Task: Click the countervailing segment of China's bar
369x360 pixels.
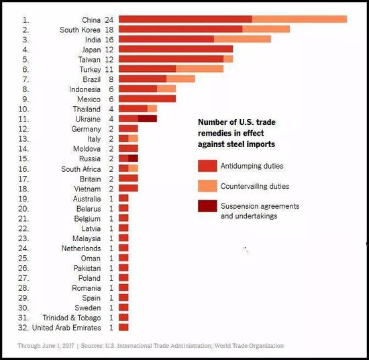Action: [x=299, y=19]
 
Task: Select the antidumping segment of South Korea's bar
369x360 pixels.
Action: [x=180, y=30]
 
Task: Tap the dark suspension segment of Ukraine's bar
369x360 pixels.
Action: [x=148, y=118]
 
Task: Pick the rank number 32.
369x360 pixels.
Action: [x=25, y=328]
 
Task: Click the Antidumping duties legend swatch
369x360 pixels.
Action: [x=207, y=165]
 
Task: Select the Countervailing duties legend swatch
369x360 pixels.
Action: [x=207, y=185]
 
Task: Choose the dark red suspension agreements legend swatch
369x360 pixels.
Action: [x=207, y=206]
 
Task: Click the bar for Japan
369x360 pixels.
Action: [x=176, y=49]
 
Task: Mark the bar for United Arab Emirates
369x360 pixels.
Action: [x=123, y=328]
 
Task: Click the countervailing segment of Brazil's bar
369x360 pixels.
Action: [x=180, y=79]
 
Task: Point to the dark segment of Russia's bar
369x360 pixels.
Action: [x=133, y=158]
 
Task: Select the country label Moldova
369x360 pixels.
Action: [x=87, y=148]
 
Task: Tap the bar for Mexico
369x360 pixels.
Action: [x=147, y=99]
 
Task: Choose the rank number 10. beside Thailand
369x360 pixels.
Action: [x=25, y=108]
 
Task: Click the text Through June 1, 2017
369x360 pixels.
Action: [x=46, y=346]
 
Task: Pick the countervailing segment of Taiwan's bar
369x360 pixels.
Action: [x=228, y=59]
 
